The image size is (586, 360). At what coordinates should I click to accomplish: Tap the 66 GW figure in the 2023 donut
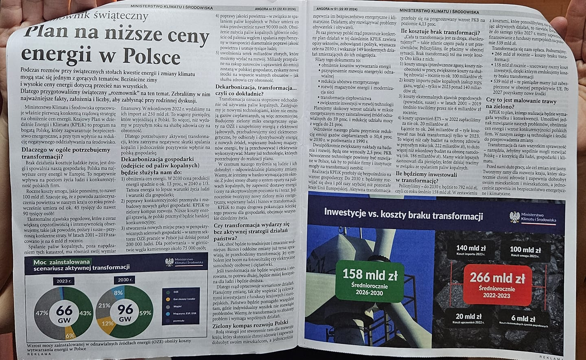pyautogui.click(x=64, y=312)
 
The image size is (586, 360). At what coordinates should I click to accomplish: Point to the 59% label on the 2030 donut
pyautogui.click(x=145, y=313)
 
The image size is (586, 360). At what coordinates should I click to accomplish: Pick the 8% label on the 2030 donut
pyautogui.click(x=118, y=292)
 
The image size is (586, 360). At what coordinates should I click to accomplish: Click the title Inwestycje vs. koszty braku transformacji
pyautogui.click(x=403, y=213)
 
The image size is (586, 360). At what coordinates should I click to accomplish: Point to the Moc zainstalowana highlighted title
pyautogui.click(x=62, y=262)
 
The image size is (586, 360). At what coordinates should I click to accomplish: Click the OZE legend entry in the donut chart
pyautogui.click(x=176, y=292)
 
